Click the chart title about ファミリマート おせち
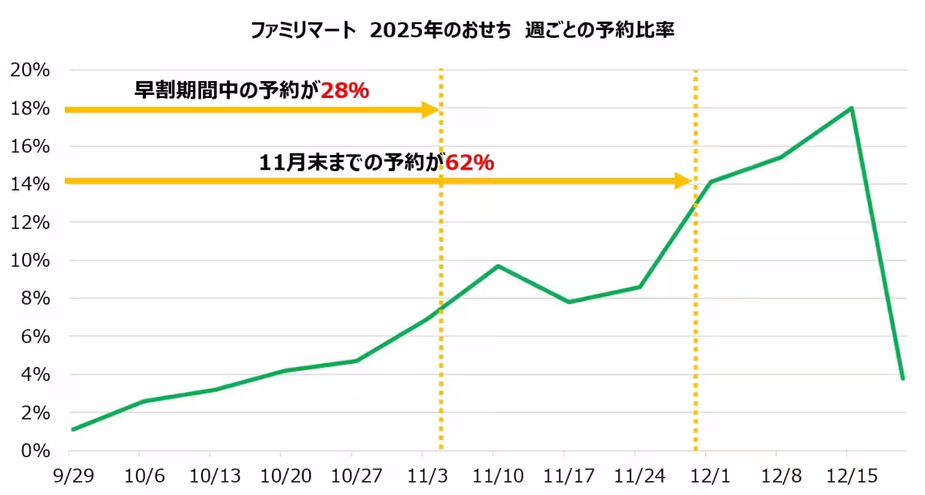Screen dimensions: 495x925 462,30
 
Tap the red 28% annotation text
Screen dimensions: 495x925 345,91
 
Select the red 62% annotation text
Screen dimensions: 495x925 469,163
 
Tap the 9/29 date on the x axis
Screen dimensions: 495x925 71,473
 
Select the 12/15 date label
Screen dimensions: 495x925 848,473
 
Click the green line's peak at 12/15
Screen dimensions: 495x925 851,108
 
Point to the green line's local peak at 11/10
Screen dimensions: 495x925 498,266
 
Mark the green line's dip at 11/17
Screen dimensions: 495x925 569,301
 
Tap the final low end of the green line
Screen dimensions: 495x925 903,379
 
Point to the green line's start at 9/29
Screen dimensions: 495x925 72,429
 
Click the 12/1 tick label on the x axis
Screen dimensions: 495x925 706,473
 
